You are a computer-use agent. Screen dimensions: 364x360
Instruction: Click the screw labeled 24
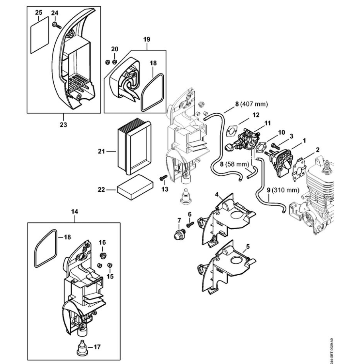pos(57,25)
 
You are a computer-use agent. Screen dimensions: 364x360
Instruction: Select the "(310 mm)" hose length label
pos(285,190)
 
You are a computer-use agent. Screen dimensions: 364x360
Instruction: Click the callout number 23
pos(63,125)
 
